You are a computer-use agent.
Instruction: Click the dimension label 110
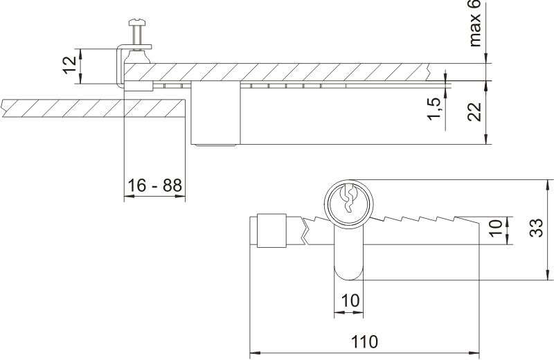coord(364,342)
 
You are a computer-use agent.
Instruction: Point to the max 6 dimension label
coord(474,24)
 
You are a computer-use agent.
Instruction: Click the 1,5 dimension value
coord(434,109)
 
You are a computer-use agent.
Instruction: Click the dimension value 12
coord(69,66)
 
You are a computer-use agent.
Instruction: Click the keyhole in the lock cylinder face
coord(348,200)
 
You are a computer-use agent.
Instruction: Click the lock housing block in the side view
coord(215,114)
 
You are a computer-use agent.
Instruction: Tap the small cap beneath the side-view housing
coord(215,146)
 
